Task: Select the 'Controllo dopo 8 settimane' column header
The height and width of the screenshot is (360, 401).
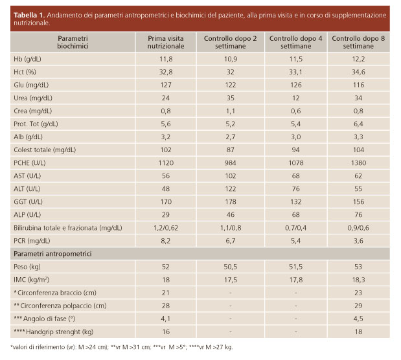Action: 359,43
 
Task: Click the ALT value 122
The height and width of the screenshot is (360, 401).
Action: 231,189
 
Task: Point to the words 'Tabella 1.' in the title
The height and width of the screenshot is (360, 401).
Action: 29,14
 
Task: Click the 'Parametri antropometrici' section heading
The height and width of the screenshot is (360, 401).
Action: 53,253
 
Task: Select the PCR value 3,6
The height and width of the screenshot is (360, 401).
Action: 359,240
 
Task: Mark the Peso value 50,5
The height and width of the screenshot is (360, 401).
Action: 231,267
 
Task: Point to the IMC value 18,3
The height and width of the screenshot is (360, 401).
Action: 359,280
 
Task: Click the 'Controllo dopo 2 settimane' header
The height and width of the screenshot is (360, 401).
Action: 231,43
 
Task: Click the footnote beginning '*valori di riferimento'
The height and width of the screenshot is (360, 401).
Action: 121,348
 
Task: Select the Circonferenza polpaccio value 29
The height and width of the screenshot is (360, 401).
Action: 359,306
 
